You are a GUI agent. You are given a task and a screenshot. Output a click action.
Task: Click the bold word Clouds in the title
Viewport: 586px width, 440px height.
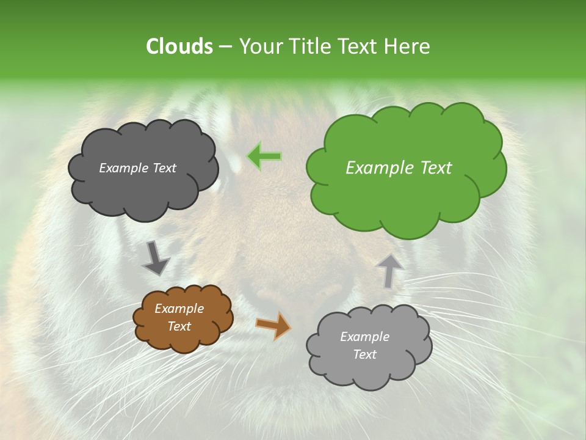179,46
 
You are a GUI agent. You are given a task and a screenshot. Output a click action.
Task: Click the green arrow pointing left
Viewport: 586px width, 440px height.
264,156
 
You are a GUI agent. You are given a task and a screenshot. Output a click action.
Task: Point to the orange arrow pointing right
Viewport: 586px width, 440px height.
273,325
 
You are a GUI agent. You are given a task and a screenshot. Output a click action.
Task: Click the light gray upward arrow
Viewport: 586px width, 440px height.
389,270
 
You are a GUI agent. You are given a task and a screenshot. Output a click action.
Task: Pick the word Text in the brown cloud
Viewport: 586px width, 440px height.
179,326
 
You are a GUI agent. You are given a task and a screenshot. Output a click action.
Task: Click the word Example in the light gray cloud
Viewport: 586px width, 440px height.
364,337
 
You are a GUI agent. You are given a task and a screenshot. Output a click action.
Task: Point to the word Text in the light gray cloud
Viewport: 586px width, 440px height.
365,354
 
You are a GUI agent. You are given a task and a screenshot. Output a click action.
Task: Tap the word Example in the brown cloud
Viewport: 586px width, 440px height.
179,309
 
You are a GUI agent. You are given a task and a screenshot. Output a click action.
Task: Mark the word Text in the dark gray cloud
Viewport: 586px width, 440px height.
164,168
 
